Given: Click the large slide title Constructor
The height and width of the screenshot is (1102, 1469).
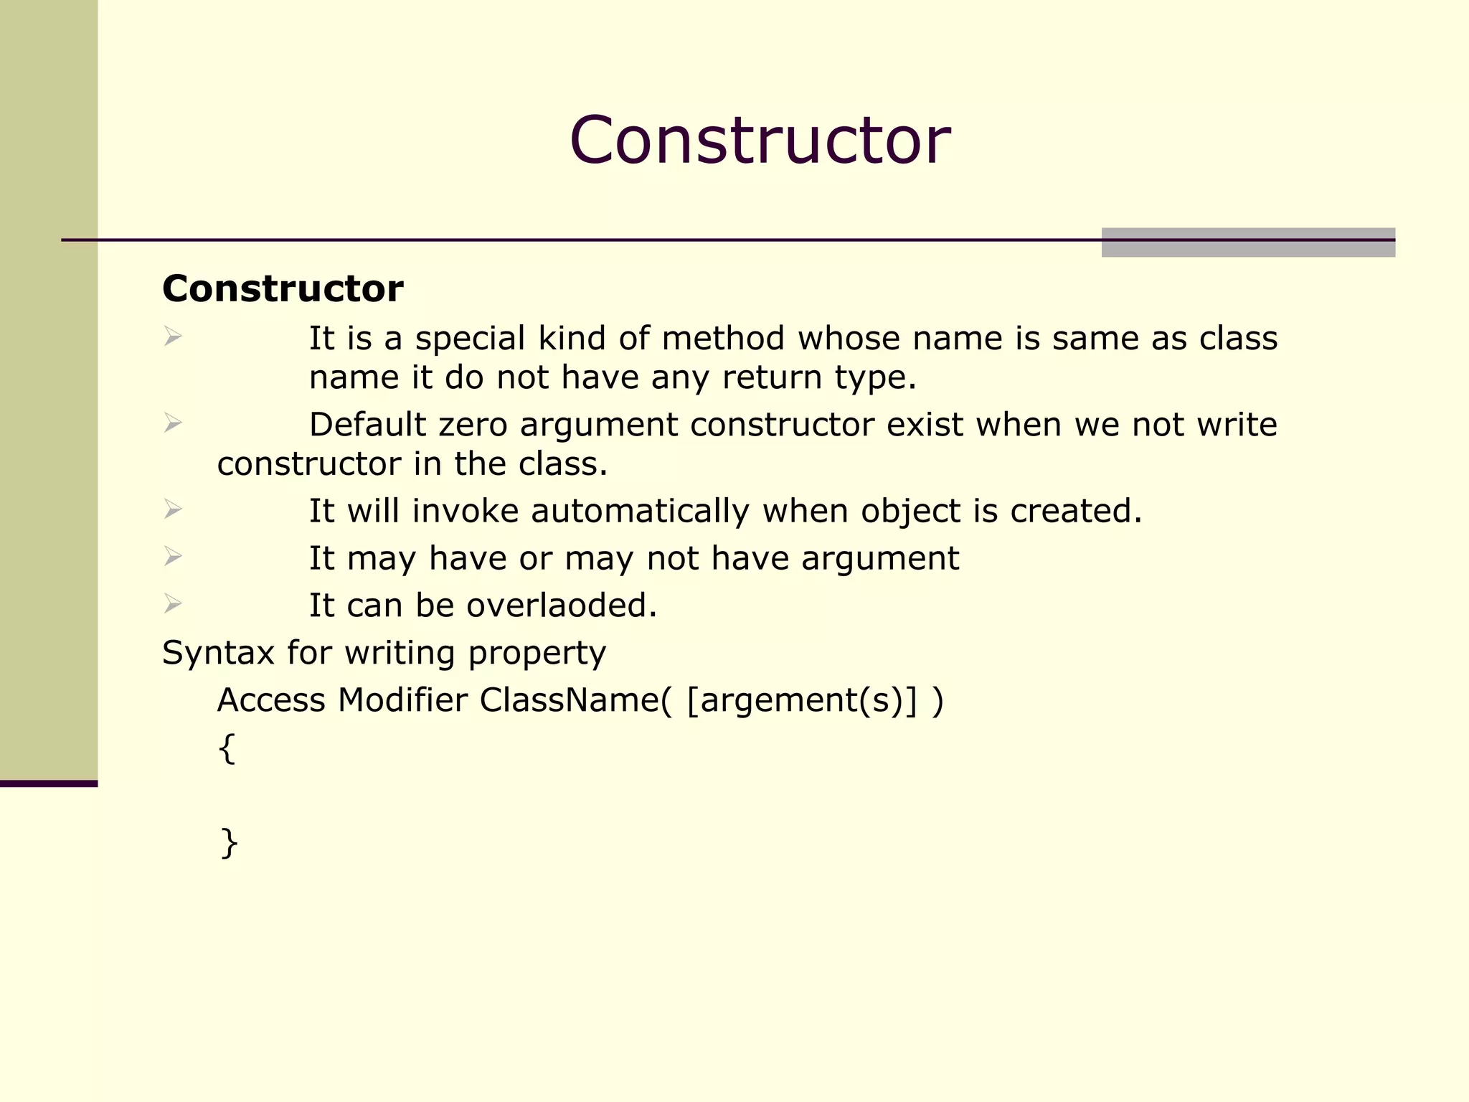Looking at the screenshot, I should [760, 140].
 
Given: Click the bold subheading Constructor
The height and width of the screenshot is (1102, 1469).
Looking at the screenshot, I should [283, 288].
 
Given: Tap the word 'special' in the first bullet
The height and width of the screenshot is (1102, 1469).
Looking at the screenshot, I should [470, 339].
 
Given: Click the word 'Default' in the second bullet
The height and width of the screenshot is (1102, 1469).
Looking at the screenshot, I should [367, 425].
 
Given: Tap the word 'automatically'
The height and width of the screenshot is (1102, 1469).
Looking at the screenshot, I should [640, 512].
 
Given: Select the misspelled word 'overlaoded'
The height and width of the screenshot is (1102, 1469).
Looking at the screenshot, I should [562, 606].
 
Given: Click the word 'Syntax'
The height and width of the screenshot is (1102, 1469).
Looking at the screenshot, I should [218, 654].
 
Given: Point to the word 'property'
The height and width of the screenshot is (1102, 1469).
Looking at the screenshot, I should [537, 654].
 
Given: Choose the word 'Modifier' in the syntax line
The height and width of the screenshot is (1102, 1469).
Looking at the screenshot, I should [402, 700].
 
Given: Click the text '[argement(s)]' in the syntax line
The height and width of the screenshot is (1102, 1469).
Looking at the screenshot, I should [801, 701].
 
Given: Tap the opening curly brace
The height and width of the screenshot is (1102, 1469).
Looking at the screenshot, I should [227, 748].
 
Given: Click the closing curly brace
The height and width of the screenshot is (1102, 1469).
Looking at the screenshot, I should [229, 842].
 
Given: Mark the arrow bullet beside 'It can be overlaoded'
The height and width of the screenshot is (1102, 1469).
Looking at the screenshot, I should [172, 603].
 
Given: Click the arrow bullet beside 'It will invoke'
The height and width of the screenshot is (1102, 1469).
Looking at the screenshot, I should [172, 509].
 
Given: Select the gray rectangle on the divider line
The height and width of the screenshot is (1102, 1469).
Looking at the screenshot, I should [1247, 242].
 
